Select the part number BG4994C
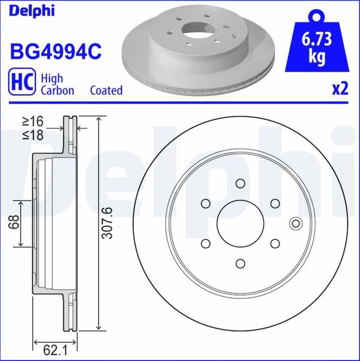(55, 52)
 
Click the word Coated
(106, 90)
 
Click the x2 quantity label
(339, 90)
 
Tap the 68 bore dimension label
(11, 223)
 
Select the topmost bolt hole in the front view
(240, 183)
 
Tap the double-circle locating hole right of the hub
(295, 224)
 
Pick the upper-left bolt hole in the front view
(205, 203)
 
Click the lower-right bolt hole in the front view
(275, 243)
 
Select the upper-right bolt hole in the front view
(275, 203)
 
